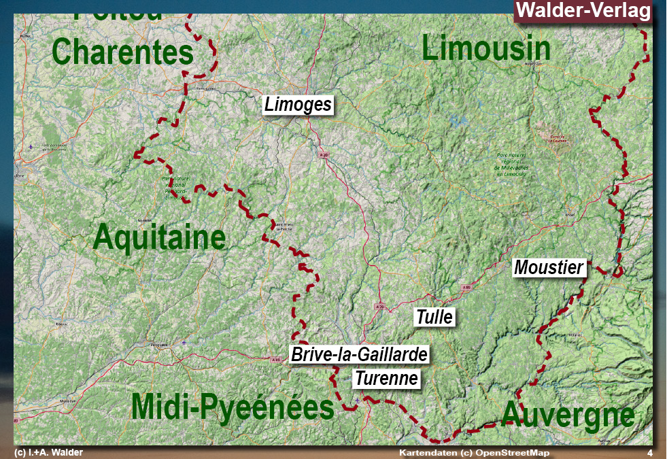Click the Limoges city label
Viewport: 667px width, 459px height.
pyautogui.click(x=298, y=104)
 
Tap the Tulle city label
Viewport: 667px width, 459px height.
pyautogui.click(x=434, y=317)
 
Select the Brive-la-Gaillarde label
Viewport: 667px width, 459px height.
pyautogui.click(x=360, y=354)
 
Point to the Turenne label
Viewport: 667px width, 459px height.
pyautogui.click(x=386, y=378)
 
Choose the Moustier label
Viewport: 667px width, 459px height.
pyautogui.click(x=549, y=267)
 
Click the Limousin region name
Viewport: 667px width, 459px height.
pyautogui.click(x=486, y=49)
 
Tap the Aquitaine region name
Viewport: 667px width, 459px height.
pyautogui.click(x=159, y=237)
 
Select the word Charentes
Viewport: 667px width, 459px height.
pyautogui.click(x=122, y=52)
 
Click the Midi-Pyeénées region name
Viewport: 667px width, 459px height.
pyautogui.click(x=233, y=407)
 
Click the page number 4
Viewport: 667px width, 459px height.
pyautogui.click(x=649, y=453)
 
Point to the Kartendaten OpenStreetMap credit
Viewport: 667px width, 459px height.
pyautogui.click(x=474, y=453)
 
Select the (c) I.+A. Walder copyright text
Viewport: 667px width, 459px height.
pyautogui.click(x=48, y=453)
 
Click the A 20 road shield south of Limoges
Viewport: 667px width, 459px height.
pyautogui.click(x=324, y=155)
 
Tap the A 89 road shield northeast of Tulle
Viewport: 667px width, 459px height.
pyautogui.click(x=466, y=288)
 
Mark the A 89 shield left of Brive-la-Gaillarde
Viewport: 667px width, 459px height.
pyautogui.click(x=275, y=359)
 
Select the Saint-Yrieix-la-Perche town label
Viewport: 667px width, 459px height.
pyautogui.click(x=284, y=226)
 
